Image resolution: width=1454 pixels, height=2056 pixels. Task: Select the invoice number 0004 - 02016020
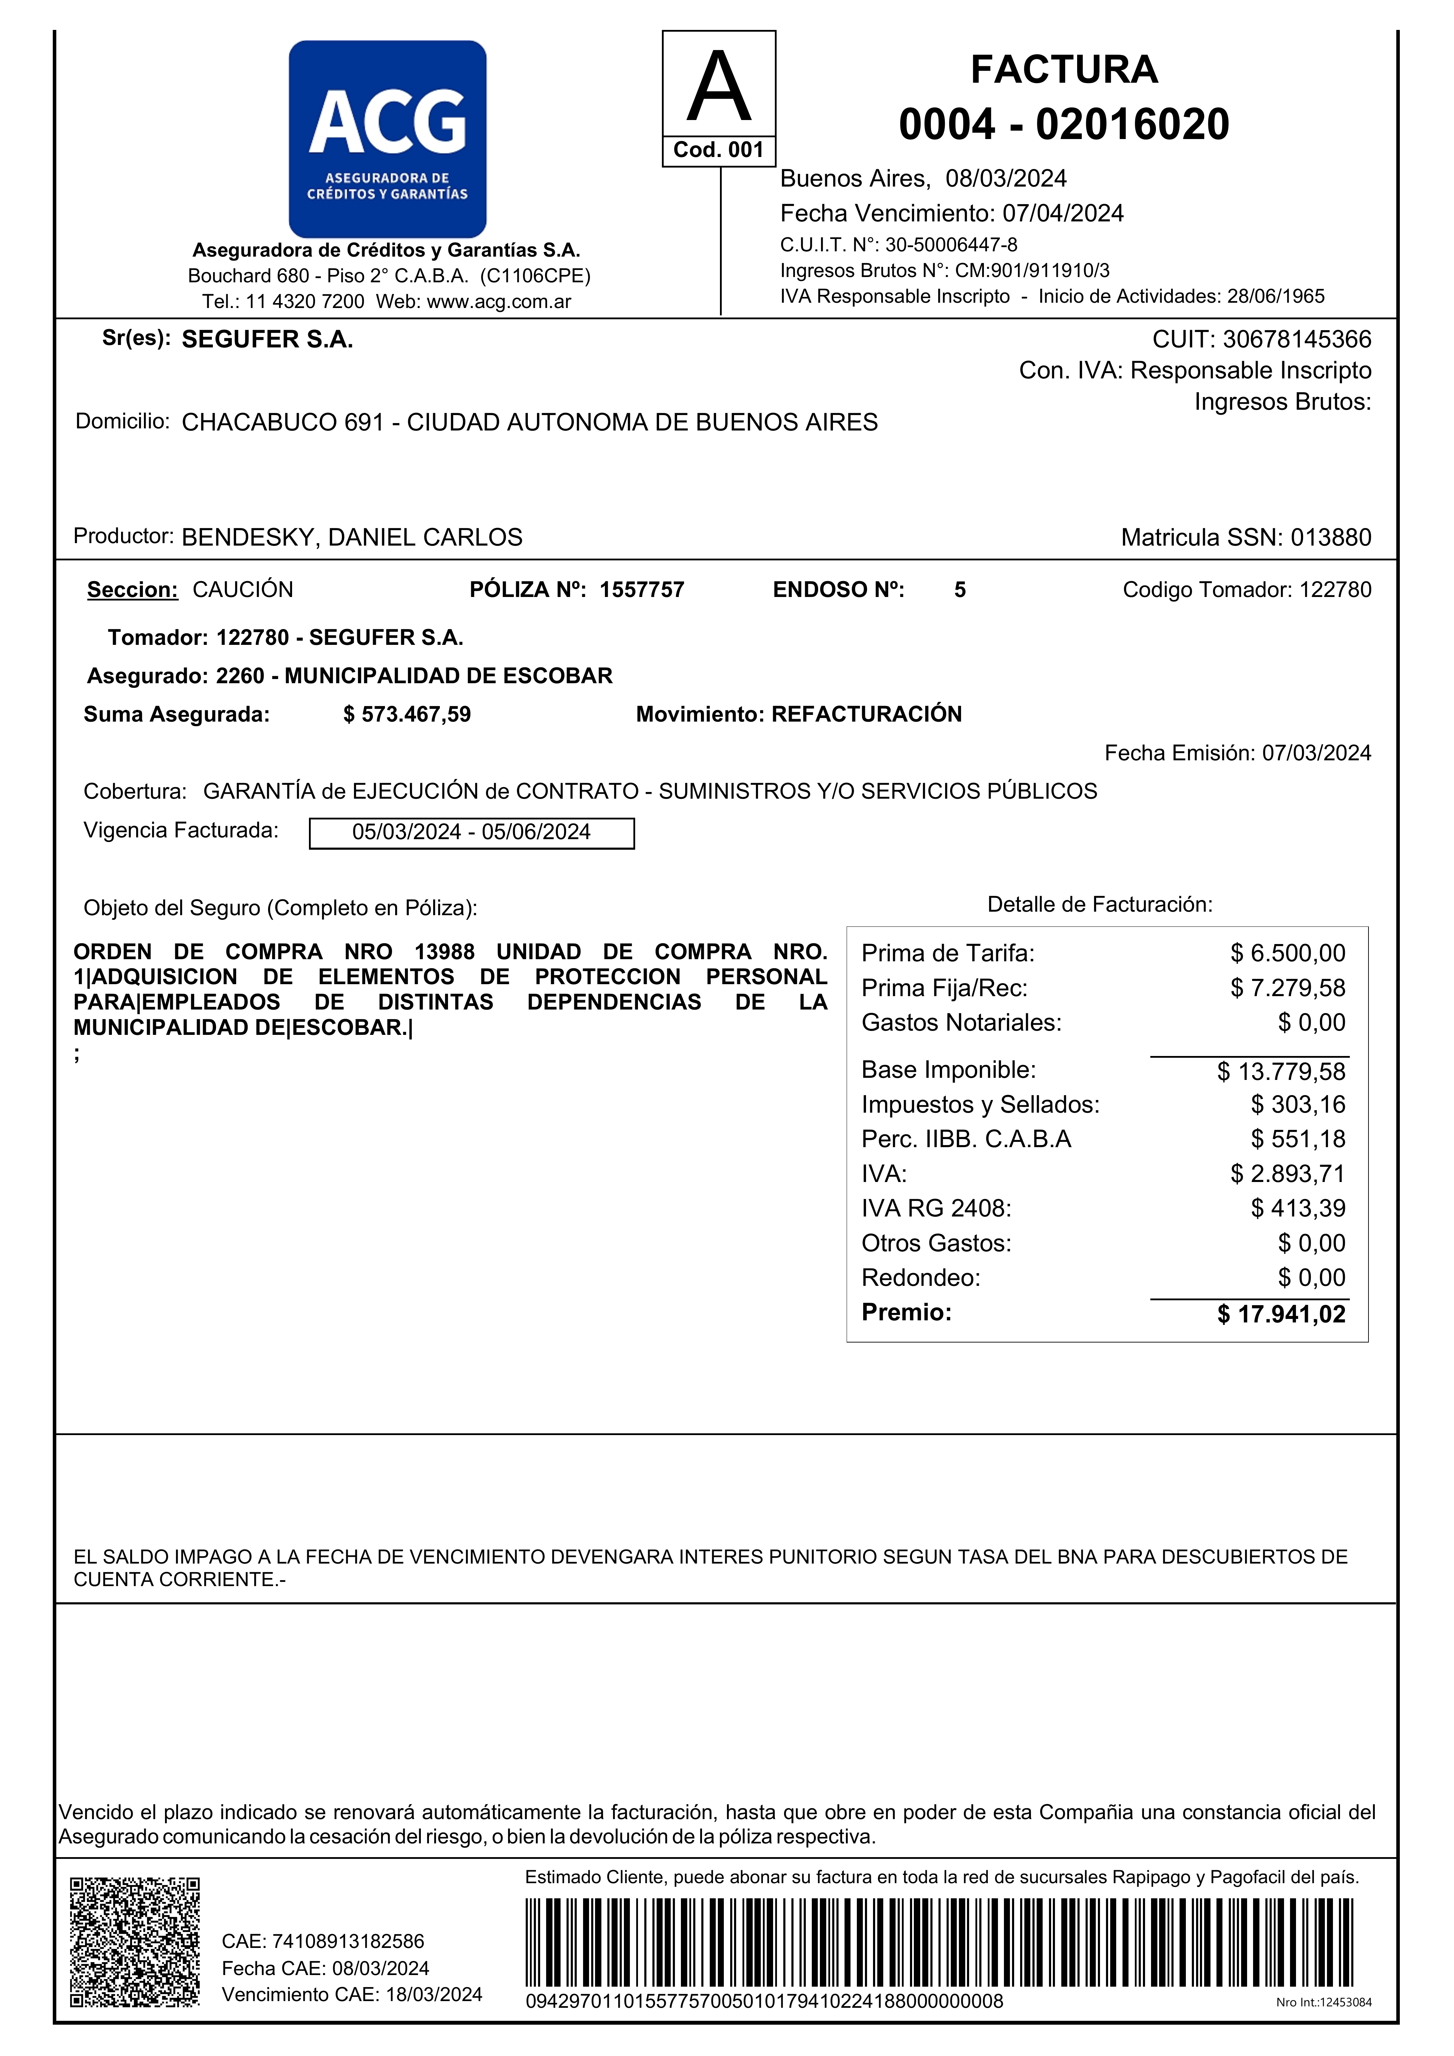click(1064, 124)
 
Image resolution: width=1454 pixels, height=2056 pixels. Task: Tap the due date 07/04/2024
click(1063, 213)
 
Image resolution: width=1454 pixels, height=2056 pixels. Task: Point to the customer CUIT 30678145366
click(1296, 339)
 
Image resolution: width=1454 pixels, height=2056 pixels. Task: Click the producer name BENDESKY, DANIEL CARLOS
click(352, 537)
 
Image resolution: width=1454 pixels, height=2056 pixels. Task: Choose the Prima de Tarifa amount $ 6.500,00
click(1288, 953)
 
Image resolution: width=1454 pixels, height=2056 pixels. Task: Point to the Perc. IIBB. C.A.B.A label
click(966, 1139)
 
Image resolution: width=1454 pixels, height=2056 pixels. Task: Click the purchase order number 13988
click(444, 952)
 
